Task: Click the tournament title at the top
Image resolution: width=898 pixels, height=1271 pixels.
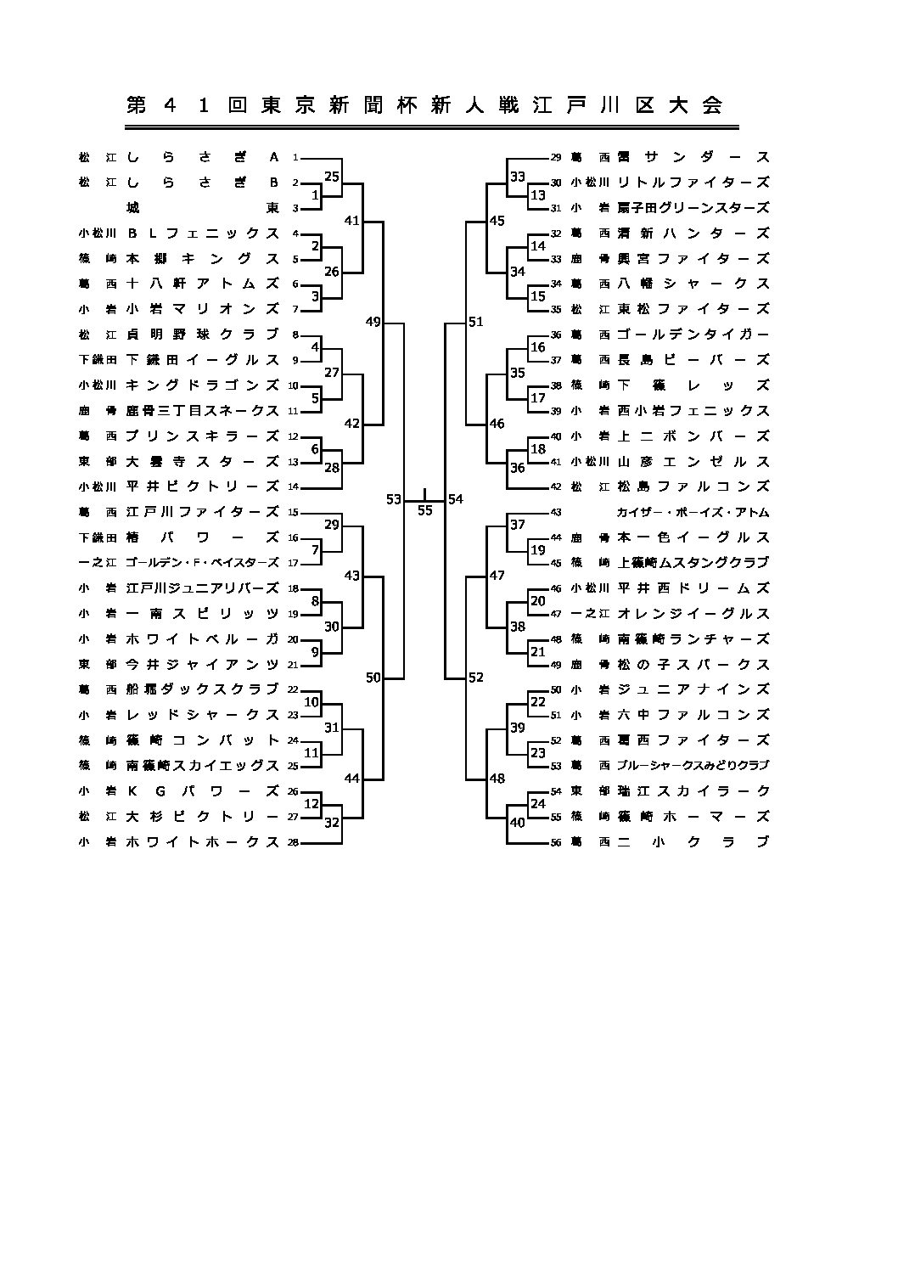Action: click(x=424, y=105)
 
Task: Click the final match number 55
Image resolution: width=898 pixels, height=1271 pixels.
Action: click(x=424, y=510)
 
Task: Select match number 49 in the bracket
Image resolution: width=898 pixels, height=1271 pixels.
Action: click(x=373, y=322)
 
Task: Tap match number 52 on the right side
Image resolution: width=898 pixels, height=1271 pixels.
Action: click(x=475, y=677)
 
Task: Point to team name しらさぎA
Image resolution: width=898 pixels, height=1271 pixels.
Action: click(x=203, y=157)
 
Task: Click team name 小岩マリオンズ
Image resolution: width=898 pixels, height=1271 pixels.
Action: click(x=203, y=309)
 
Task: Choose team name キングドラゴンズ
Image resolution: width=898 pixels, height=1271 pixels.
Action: click(x=203, y=385)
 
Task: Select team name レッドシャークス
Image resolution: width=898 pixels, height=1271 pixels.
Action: click(x=203, y=715)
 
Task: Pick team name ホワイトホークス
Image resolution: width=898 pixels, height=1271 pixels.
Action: click(x=203, y=842)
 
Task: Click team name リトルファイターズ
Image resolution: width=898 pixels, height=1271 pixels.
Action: click(x=693, y=182)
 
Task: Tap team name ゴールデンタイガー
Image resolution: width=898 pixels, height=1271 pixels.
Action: click(x=693, y=335)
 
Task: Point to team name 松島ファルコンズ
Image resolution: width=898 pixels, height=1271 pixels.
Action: click(x=693, y=486)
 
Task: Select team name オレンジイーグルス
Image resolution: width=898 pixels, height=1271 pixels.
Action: click(x=693, y=613)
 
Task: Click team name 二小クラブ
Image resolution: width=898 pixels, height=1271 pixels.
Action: click(x=693, y=842)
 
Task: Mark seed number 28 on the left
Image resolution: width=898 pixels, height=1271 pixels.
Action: click(x=293, y=842)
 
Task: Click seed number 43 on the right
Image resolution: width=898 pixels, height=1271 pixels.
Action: click(x=556, y=512)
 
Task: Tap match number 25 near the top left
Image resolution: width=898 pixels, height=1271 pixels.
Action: click(x=332, y=177)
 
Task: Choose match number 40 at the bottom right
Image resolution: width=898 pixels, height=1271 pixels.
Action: click(x=517, y=822)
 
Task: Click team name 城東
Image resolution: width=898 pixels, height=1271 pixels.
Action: click(x=203, y=207)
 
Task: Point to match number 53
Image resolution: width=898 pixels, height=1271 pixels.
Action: click(x=393, y=499)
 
